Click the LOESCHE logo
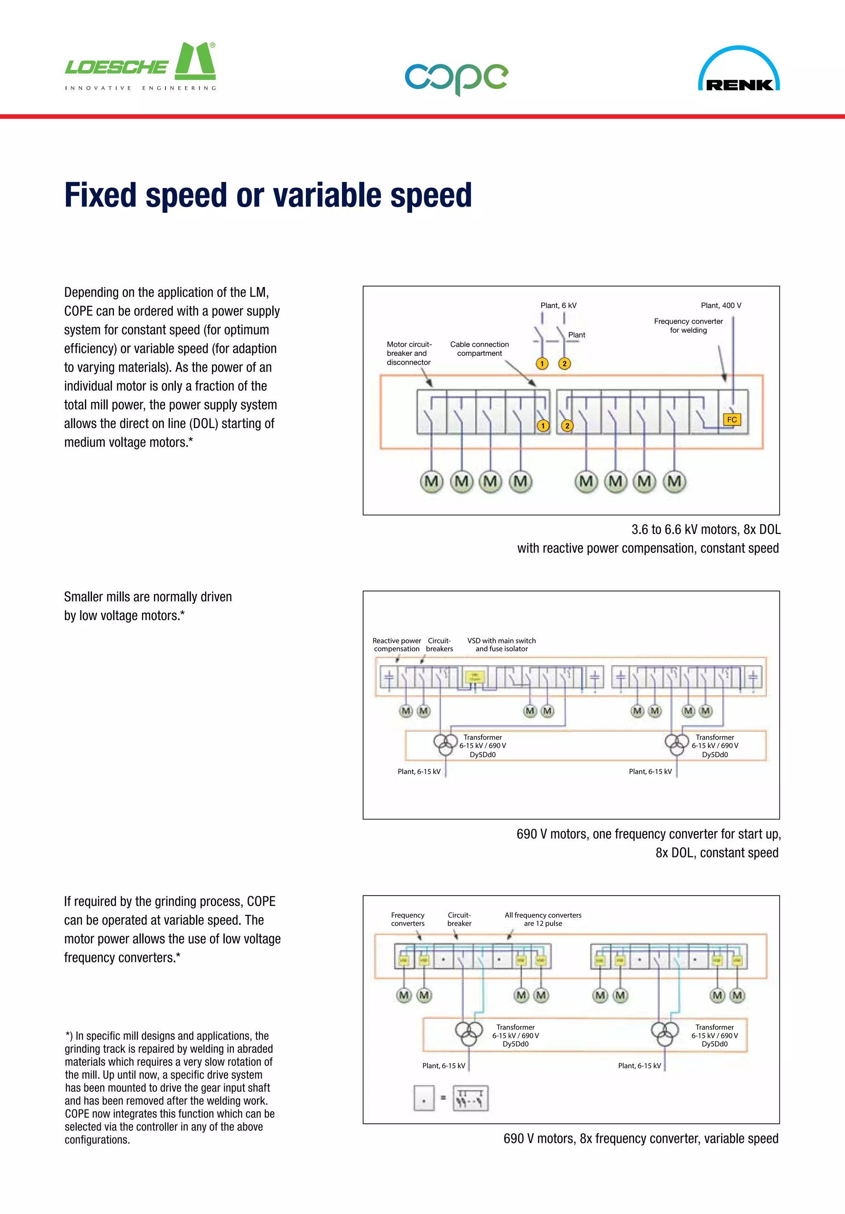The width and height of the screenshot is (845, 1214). [x=140, y=66]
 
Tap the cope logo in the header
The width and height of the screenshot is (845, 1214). [x=456, y=78]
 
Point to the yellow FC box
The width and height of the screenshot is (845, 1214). [x=732, y=419]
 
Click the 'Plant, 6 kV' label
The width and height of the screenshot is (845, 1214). [x=558, y=306]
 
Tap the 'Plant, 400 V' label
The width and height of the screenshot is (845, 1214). [x=721, y=306]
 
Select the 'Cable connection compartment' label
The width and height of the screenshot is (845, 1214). [x=479, y=349]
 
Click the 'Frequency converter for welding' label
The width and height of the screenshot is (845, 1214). [x=688, y=326]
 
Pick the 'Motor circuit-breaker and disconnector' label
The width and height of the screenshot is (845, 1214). [x=409, y=353]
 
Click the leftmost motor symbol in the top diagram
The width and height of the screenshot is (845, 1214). [x=431, y=482]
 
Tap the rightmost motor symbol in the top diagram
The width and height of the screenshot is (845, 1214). [x=675, y=482]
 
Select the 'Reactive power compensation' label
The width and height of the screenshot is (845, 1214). [x=397, y=645]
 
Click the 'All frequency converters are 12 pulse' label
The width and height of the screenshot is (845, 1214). [x=543, y=919]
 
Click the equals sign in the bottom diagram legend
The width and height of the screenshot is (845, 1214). [x=444, y=1098]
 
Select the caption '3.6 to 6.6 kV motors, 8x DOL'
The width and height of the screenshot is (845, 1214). [x=706, y=530]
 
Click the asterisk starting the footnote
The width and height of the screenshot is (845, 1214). [x=67, y=1035]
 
